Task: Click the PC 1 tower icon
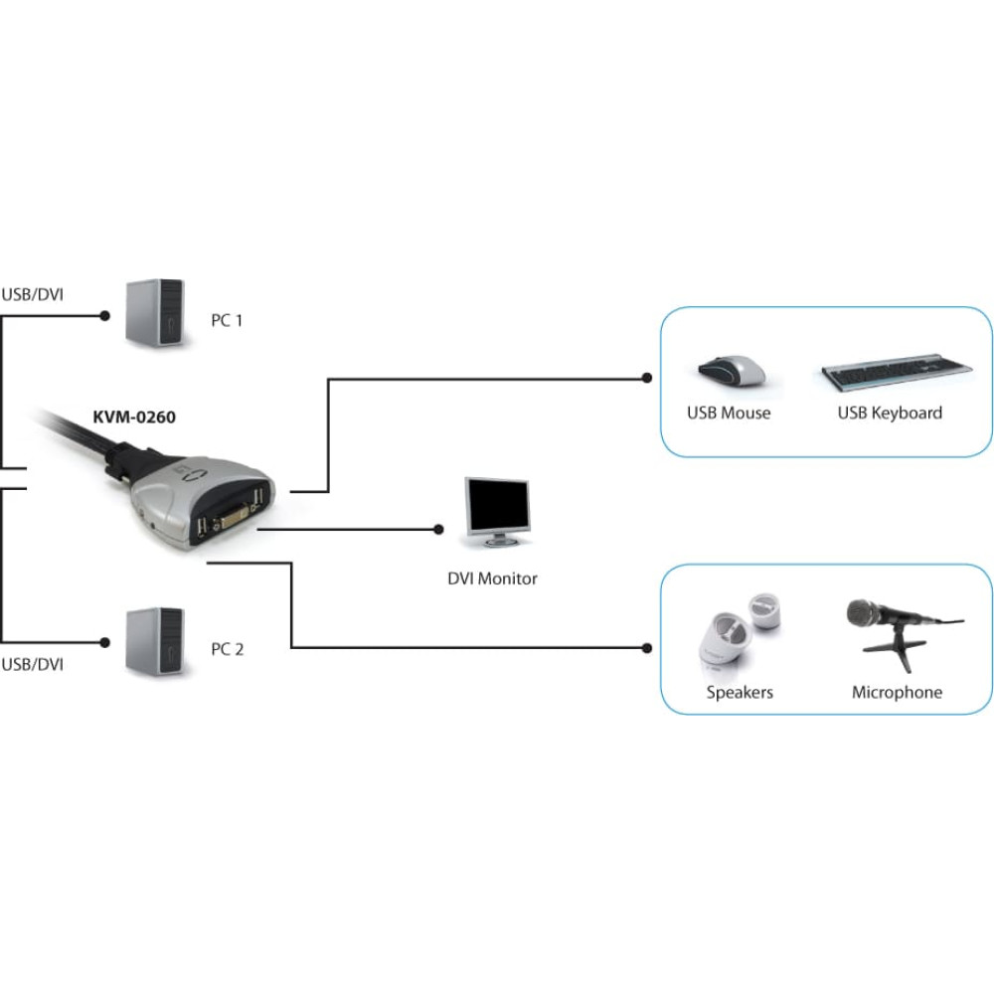point(155,312)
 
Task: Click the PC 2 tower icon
point(155,641)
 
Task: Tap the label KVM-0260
point(134,417)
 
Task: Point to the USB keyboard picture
point(897,372)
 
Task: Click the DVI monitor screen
point(498,505)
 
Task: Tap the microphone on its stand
point(904,632)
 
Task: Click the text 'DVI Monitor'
point(493,579)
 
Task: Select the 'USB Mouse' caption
point(729,414)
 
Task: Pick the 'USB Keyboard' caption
point(890,414)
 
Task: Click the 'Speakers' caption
point(740,692)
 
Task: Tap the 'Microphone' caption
point(897,692)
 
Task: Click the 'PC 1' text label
point(227,321)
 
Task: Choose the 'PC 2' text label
point(228,649)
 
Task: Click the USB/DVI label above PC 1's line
point(33,295)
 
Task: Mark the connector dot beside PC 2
point(105,643)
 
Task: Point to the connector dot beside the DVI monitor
point(438,530)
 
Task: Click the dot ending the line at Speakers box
point(647,648)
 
